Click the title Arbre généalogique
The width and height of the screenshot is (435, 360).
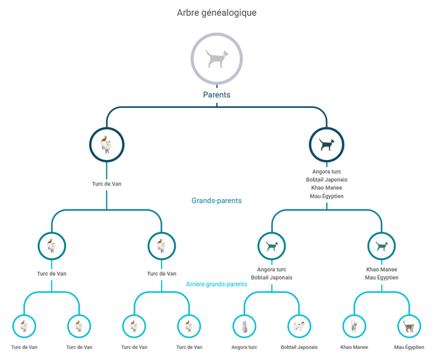pos(217,12)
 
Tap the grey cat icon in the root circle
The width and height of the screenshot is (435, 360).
pos(217,59)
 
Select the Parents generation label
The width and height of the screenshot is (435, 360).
pos(217,94)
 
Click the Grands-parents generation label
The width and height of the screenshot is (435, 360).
pos(217,201)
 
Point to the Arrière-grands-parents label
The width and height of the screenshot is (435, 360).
pos(217,284)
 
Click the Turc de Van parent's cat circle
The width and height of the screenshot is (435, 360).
pos(107,144)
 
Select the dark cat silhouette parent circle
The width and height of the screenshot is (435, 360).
pos(327,144)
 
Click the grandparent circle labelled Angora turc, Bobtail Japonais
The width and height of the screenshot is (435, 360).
pos(272,246)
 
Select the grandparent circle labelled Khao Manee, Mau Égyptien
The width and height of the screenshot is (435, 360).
pos(381,246)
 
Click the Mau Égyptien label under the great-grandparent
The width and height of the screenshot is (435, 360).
pos(409,347)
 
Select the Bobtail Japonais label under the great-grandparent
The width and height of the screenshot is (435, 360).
pos(299,347)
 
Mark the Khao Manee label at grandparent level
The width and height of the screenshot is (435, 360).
pos(381,269)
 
